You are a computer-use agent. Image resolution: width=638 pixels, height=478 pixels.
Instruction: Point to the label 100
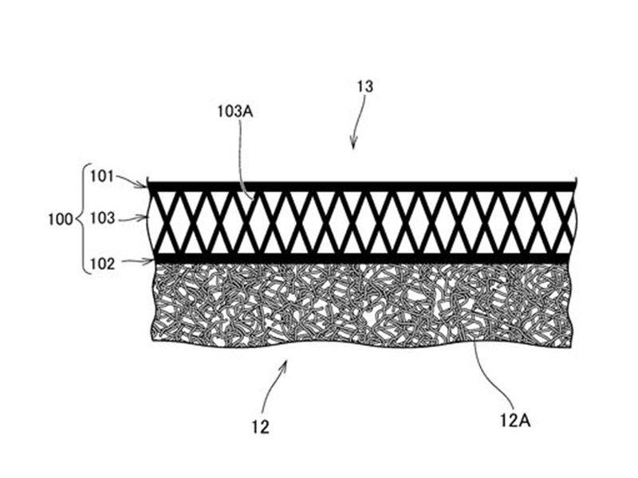coord(61,217)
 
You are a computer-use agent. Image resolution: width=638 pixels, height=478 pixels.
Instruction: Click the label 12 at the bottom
coord(260,428)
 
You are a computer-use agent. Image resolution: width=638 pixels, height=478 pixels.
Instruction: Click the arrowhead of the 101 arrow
coord(144,186)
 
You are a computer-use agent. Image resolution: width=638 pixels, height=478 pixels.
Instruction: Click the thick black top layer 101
coord(359,186)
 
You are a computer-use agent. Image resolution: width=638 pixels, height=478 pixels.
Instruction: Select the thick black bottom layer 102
coord(359,259)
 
